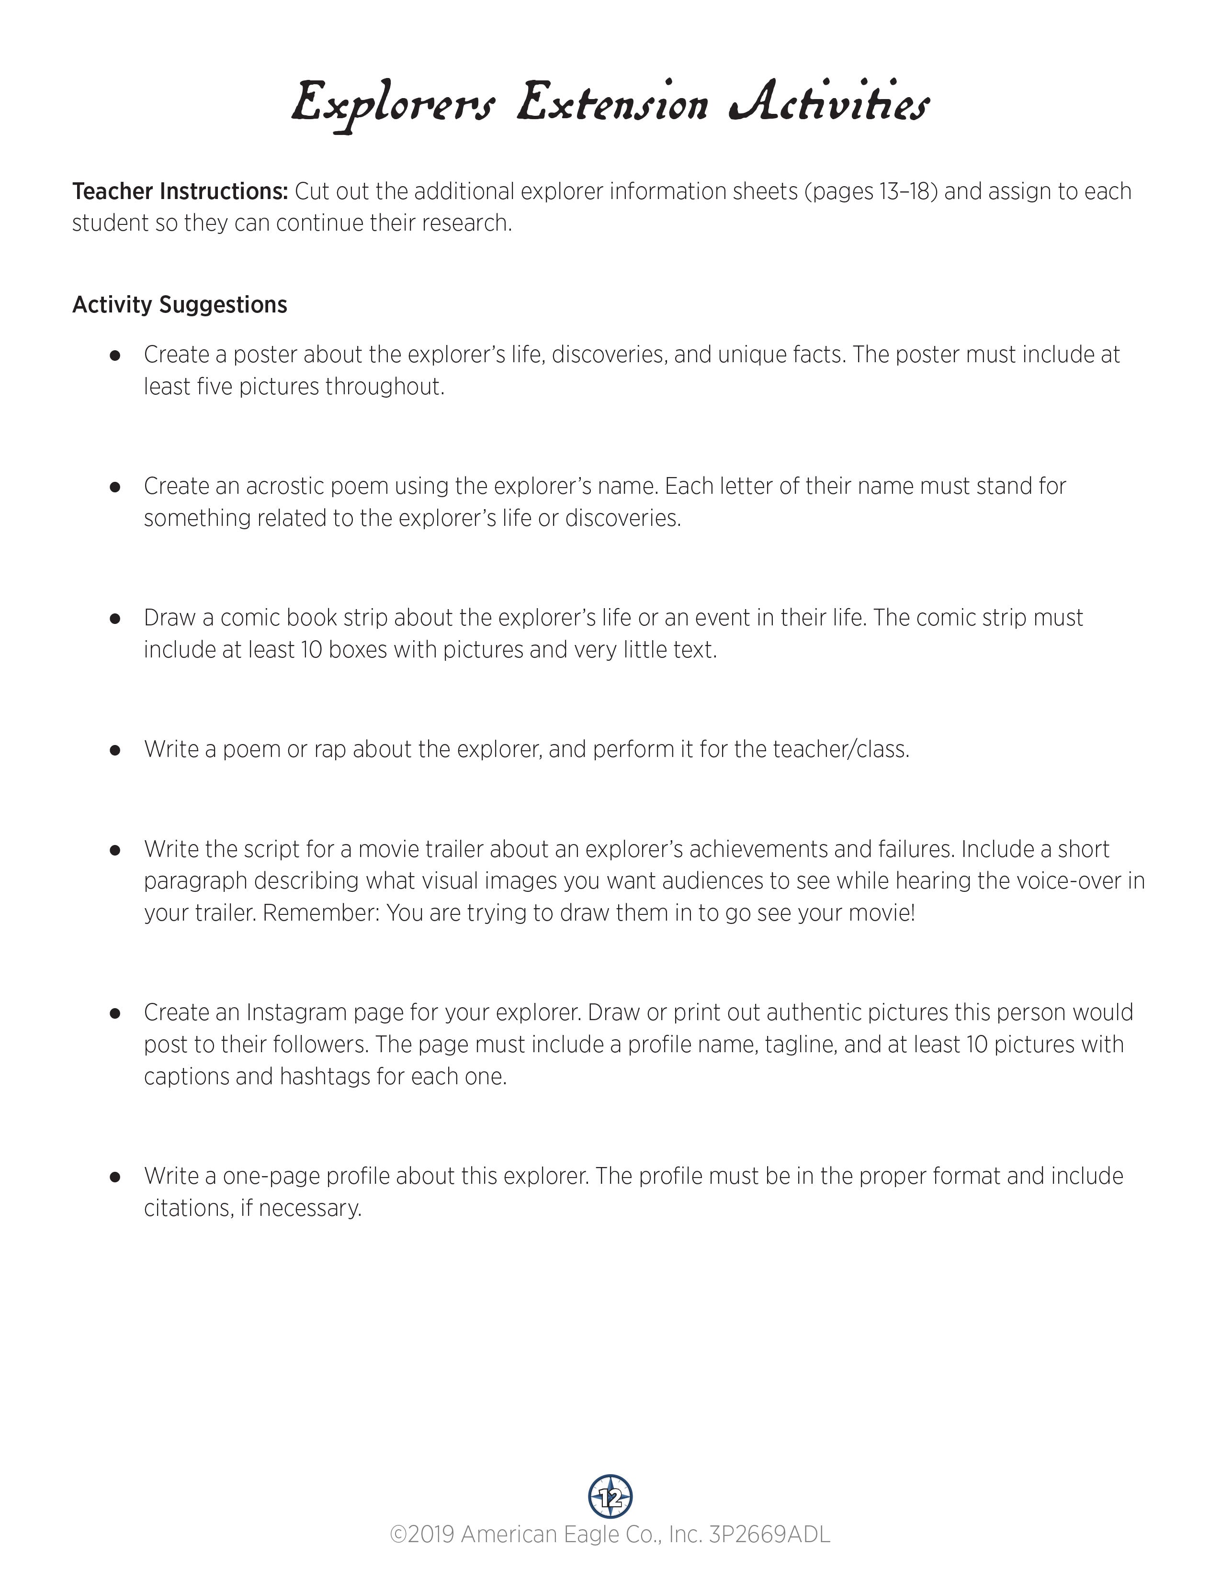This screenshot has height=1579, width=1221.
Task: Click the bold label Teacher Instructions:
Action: [180, 191]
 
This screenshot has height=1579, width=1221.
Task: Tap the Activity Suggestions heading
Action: [180, 304]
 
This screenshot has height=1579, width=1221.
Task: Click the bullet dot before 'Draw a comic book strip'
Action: [114, 618]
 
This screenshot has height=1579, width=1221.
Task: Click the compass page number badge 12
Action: [610, 1497]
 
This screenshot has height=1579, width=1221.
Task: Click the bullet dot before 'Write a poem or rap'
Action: [114, 750]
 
